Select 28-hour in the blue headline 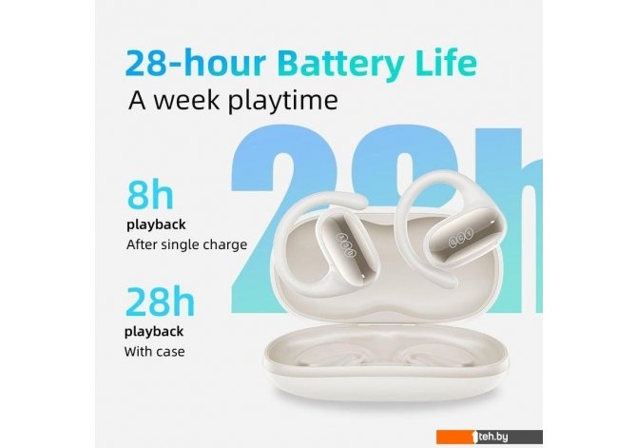coord(196,63)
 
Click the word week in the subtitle coord(186,100)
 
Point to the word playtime coord(282,101)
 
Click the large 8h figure coord(150,195)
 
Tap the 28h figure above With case coord(160,302)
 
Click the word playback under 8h coord(156,224)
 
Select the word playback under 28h coord(154,332)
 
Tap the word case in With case coord(170,352)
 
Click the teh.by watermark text coord(492,437)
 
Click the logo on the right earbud coord(461,239)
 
